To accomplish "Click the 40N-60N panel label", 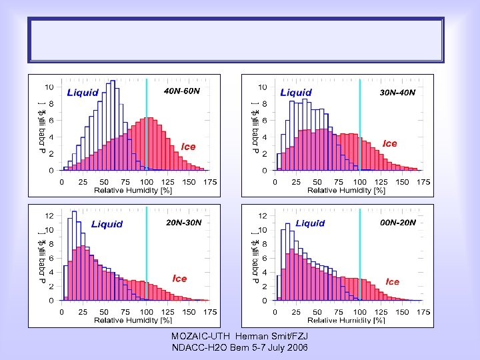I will click(182, 91).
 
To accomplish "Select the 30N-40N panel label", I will click(397, 92).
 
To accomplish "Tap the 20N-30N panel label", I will click(184, 222).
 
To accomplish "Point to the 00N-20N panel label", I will click(398, 222).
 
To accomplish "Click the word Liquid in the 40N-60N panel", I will click(83, 93).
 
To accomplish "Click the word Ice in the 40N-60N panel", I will click(189, 147).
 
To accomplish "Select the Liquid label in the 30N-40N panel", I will click(296, 93).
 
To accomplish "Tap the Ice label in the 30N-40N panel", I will click(390, 143).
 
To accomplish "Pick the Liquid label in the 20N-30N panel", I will click(107, 224).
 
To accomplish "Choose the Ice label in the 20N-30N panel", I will click(180, 278).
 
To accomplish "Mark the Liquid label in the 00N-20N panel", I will click(310, 223).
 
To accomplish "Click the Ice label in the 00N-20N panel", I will click(393, 282).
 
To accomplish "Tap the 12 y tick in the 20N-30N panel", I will click(49, 216).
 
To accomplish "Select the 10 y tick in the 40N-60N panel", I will click(49, 87).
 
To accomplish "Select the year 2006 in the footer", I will click(297, 348).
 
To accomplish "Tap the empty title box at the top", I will click(235, 40).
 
